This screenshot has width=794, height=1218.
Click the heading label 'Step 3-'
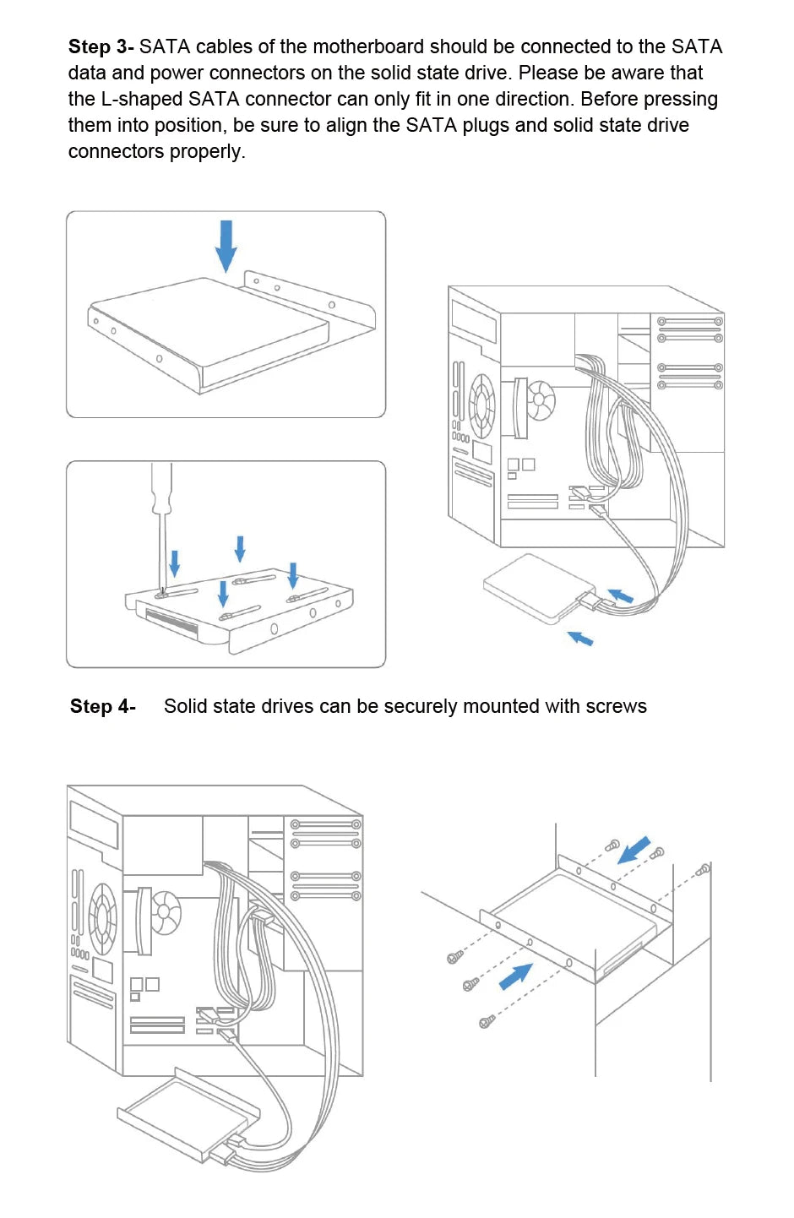(101, 47)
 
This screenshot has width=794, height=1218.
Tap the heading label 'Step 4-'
(102, 707)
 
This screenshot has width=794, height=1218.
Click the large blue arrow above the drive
(226, 245)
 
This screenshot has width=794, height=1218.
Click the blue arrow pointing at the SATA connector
(621, 595)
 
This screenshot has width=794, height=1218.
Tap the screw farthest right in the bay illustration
(703, 869)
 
